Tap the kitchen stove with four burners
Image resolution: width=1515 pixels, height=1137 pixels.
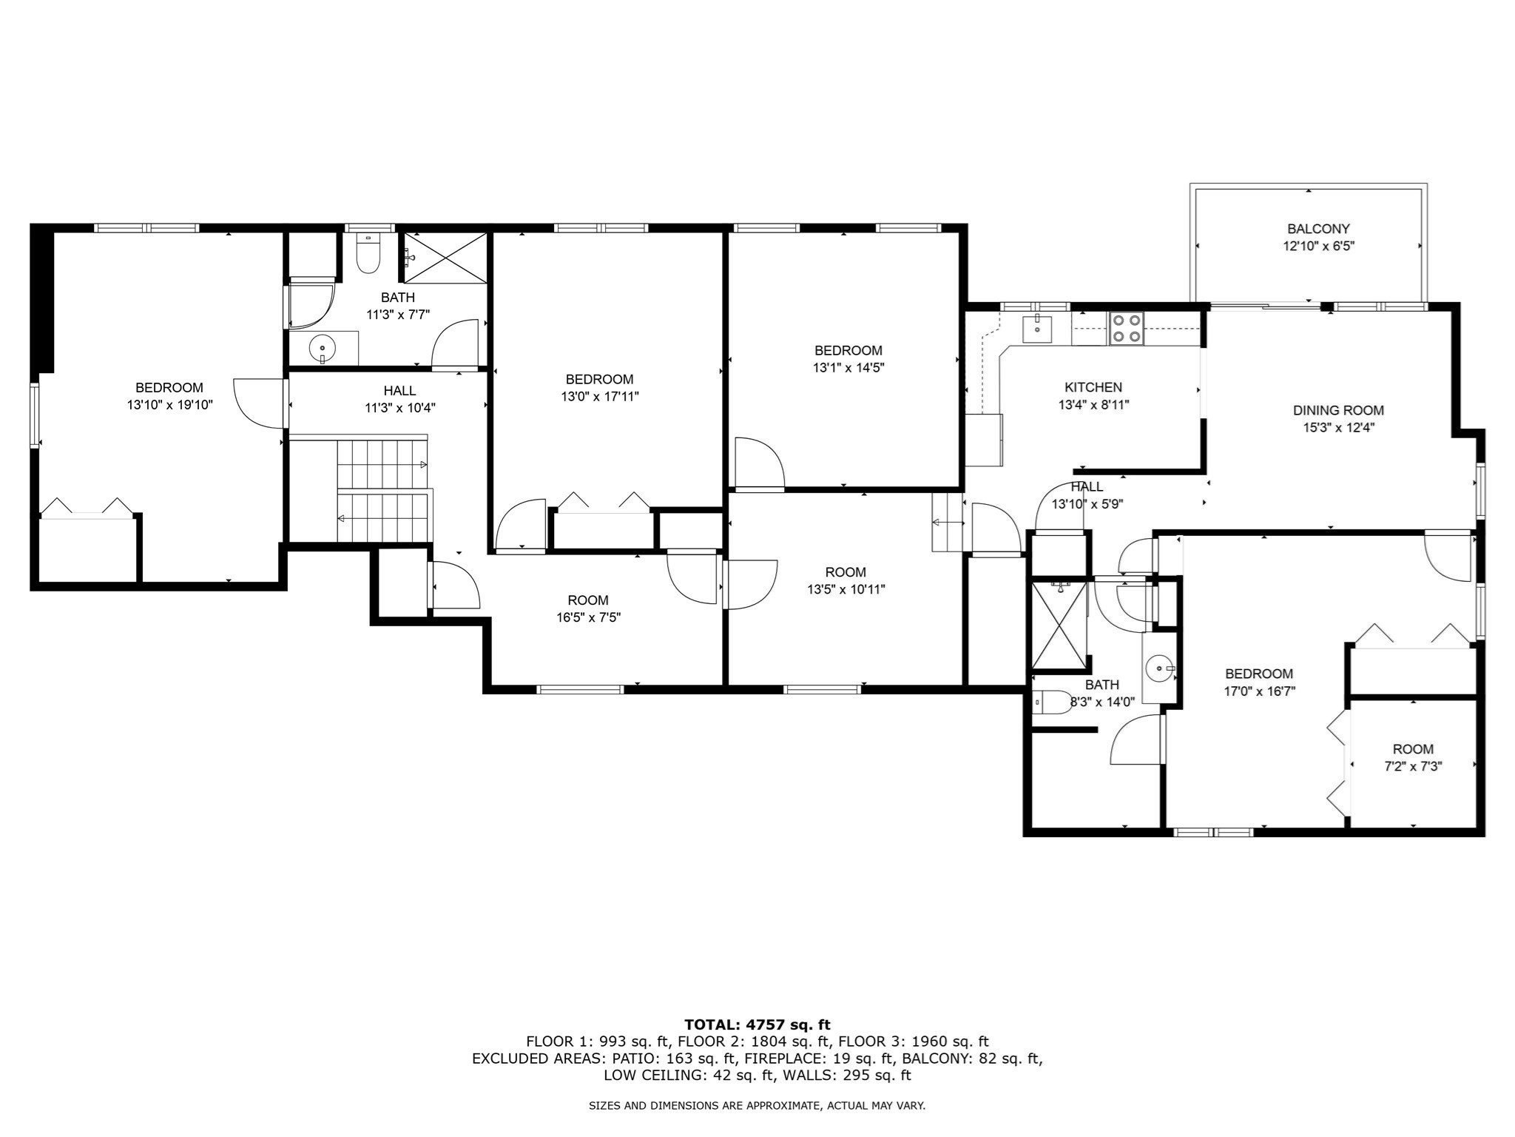pyautogui.click(x=1126, y=329)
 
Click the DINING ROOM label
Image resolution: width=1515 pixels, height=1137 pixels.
pyautogui.click(x=1338, y=410)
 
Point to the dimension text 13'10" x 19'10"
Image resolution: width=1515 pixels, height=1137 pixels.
pyautogui.click(x=169, y=405)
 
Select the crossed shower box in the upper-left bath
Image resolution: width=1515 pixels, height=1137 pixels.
pyautogui.click(x=445, y=257)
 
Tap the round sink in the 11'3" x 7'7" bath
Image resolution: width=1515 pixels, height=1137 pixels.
pyautogui.click(x=323, y=347)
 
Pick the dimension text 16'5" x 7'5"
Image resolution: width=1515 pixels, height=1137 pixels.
pyautogui.click(x=588, y=617)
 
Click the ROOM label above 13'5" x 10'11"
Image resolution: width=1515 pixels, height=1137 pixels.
pyautogui.click(x=846, y=572)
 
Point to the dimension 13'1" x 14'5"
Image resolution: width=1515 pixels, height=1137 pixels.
pyautogui.click(x=848, y=367)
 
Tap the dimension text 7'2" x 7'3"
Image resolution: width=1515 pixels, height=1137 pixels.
pyautogui.click(x=1413, y=767)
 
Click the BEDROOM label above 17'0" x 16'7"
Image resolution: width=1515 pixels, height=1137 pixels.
pyautogui.click(x=1259, y=674)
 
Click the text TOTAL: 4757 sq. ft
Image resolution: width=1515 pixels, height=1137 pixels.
pyautogui.click(x=757, y=1024)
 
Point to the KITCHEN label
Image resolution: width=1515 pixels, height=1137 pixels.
pyautogui.click(x=1093, y=387)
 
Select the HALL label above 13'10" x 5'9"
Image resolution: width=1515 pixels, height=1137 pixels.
pyautogui.click(x=1087, y=486)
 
